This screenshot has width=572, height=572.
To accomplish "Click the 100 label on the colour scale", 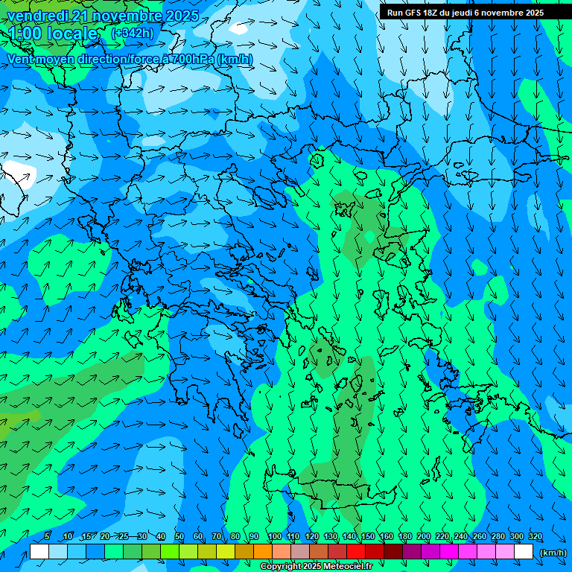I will click(275, 536).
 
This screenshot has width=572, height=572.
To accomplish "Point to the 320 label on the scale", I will click(536, 536).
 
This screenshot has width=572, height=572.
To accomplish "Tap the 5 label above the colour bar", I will click(47, 536).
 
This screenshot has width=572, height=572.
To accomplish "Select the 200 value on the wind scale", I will click(424, 536).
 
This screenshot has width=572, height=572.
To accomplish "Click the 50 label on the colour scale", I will click(179, 536).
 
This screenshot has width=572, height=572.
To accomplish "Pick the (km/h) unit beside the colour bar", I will click(553, 552).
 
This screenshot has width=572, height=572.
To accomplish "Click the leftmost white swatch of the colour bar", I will click(39, 552).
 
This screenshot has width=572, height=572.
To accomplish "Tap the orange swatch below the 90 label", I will click(262, 552).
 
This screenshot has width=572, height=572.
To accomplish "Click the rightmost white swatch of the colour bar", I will click(524, 552).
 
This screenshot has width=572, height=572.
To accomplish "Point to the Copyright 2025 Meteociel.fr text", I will click(316, 567).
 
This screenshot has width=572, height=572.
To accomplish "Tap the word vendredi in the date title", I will click(36, 16).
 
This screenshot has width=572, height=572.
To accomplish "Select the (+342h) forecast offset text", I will click(132, 33).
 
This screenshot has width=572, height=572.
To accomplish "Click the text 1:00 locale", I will click(52, 34).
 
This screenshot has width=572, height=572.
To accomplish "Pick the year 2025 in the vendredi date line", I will click(182, 16).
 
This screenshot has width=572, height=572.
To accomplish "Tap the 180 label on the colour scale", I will click(405, 536).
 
